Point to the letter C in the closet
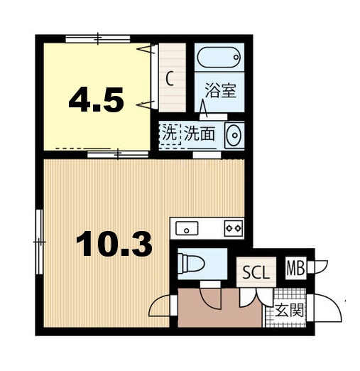click(x=170, y=78)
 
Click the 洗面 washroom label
click(x=200, y=132)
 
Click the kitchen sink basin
click(x=188, y=228)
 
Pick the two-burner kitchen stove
click(x=233, y=228)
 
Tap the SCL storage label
click(x=256, y=273)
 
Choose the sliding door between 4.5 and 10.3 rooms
click(x=107, y=152)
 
